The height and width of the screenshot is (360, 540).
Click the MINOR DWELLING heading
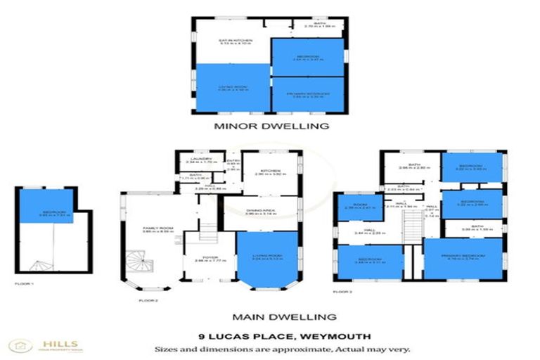tap(271, 127)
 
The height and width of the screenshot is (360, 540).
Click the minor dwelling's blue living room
tap(233, 88)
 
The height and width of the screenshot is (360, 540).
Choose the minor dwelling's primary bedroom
tap(307, 94)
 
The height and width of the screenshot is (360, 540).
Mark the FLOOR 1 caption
tap(24, 283)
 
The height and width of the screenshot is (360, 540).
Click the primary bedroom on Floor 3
tap(463, 259)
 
